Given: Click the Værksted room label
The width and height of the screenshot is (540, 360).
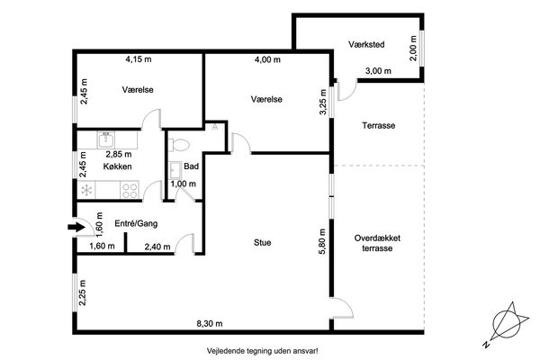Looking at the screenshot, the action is click(366, 44).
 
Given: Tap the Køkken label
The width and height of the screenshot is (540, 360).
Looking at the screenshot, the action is click(117, 166).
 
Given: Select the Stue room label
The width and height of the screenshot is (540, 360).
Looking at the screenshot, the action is click(263, 242).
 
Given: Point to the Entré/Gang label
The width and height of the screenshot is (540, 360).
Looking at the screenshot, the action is click(136, 223).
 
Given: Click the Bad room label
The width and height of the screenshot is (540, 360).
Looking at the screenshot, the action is click(191, 166).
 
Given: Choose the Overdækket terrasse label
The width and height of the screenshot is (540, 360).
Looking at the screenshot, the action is click(377, 243).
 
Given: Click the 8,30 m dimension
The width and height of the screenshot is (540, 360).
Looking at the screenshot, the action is click(210, 323).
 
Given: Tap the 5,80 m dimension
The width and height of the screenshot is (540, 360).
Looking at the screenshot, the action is click(322, 241).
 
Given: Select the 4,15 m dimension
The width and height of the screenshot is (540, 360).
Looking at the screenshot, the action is click(139, 59).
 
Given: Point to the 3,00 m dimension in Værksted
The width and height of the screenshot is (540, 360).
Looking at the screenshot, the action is click(378, 71).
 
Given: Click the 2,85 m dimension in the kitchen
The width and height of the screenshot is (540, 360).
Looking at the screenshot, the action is click(119, 154).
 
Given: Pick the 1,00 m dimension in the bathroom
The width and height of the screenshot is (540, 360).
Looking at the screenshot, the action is click(184, 184).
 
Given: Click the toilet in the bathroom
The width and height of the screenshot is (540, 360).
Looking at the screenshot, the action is click(178, 145).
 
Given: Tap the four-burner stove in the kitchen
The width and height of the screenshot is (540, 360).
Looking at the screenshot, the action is click(130, 191).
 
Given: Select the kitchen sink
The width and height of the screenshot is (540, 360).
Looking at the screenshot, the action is click(107, 139).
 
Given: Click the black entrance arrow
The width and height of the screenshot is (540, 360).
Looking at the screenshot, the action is click(76, 227).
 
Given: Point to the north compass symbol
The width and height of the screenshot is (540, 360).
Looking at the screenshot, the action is click(506, 325).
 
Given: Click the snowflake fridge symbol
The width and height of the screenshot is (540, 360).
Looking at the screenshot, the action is click(86, 190).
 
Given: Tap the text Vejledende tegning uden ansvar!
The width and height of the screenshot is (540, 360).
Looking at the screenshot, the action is click(263, 351).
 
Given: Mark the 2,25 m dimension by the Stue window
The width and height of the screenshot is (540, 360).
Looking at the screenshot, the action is click(83, 292).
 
